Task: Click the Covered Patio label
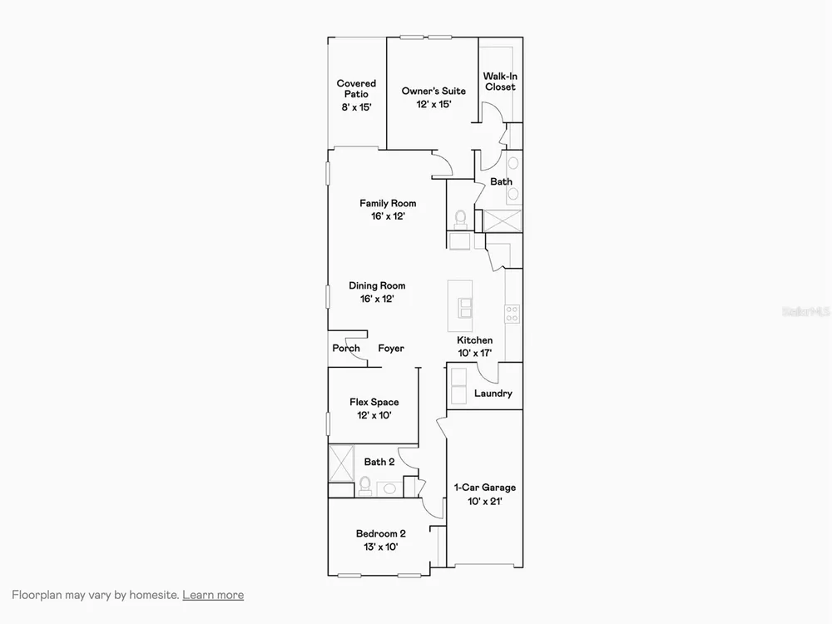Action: coord(356,89)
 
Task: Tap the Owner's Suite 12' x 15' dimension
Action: coord(433,105)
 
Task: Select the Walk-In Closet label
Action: coord(500,82)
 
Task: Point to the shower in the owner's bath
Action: coord(503,220)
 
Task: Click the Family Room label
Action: coord(388,203)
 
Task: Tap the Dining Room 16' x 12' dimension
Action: coord(377,299)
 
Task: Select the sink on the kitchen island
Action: coord(465,307)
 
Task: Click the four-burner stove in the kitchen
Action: coord(512,314)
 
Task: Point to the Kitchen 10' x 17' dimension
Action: coord(475,353)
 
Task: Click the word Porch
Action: coord(346,348)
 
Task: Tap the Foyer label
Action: coord(391,349)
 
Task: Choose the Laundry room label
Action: coord(493,394)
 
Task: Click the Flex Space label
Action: coord(374,402)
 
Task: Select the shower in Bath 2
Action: coord(341,463)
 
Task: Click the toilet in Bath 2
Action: coord(365,486)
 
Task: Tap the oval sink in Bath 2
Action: coord(390,488)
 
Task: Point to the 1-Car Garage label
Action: coord(484,488)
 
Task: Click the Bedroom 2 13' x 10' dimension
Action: coord(380,547)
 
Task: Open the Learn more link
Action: coord(213,595)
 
